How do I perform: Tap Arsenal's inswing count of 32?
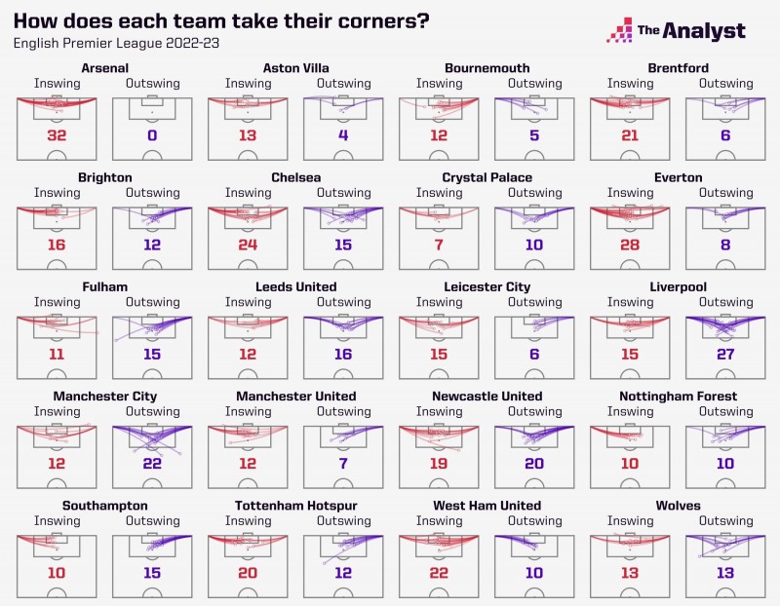pos(57,135)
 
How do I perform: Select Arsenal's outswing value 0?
pos(152,135)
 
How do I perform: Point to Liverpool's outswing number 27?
pos(725,355)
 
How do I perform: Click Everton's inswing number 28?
pos(630,245)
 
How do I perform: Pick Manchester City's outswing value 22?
pos(152,464)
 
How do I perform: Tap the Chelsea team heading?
pos(295,177)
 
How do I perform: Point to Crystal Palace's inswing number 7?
pos(439,245)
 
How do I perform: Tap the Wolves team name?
pos(678,506)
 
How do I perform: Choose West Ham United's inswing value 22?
pos(439,573)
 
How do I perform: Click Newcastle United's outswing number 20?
pos(534,464)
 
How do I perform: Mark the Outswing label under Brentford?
pos(725,83)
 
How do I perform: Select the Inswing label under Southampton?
pos(57,520)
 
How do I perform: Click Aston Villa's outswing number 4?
pos(343,135)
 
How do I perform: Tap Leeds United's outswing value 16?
pos(343,355)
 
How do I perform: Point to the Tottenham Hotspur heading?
pos(295,506)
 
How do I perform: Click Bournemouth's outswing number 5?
pos(534,135)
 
